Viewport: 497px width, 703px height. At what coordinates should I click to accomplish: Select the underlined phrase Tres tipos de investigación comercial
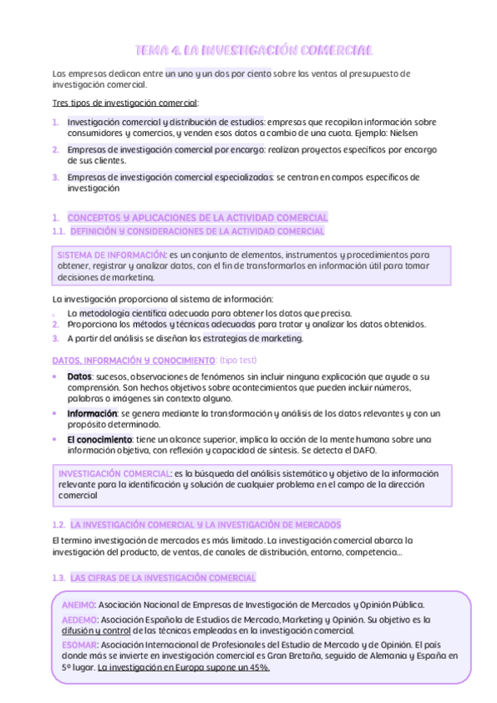(124, 103)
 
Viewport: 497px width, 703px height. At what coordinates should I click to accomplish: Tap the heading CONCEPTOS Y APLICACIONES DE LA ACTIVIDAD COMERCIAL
(197, 217)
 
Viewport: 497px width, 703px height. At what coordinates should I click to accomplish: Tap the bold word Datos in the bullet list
(80, 376)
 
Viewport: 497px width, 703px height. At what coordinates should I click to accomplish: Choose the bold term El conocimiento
(100, 439)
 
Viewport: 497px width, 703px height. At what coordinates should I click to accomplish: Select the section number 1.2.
(58, 525)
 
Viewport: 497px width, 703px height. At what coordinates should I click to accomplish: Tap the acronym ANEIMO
(78, 605)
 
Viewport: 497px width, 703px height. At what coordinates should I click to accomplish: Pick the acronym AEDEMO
(79, 619)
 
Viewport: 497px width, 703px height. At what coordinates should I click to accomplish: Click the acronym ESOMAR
(80, 644)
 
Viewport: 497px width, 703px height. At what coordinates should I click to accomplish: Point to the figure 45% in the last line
(259, 667)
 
